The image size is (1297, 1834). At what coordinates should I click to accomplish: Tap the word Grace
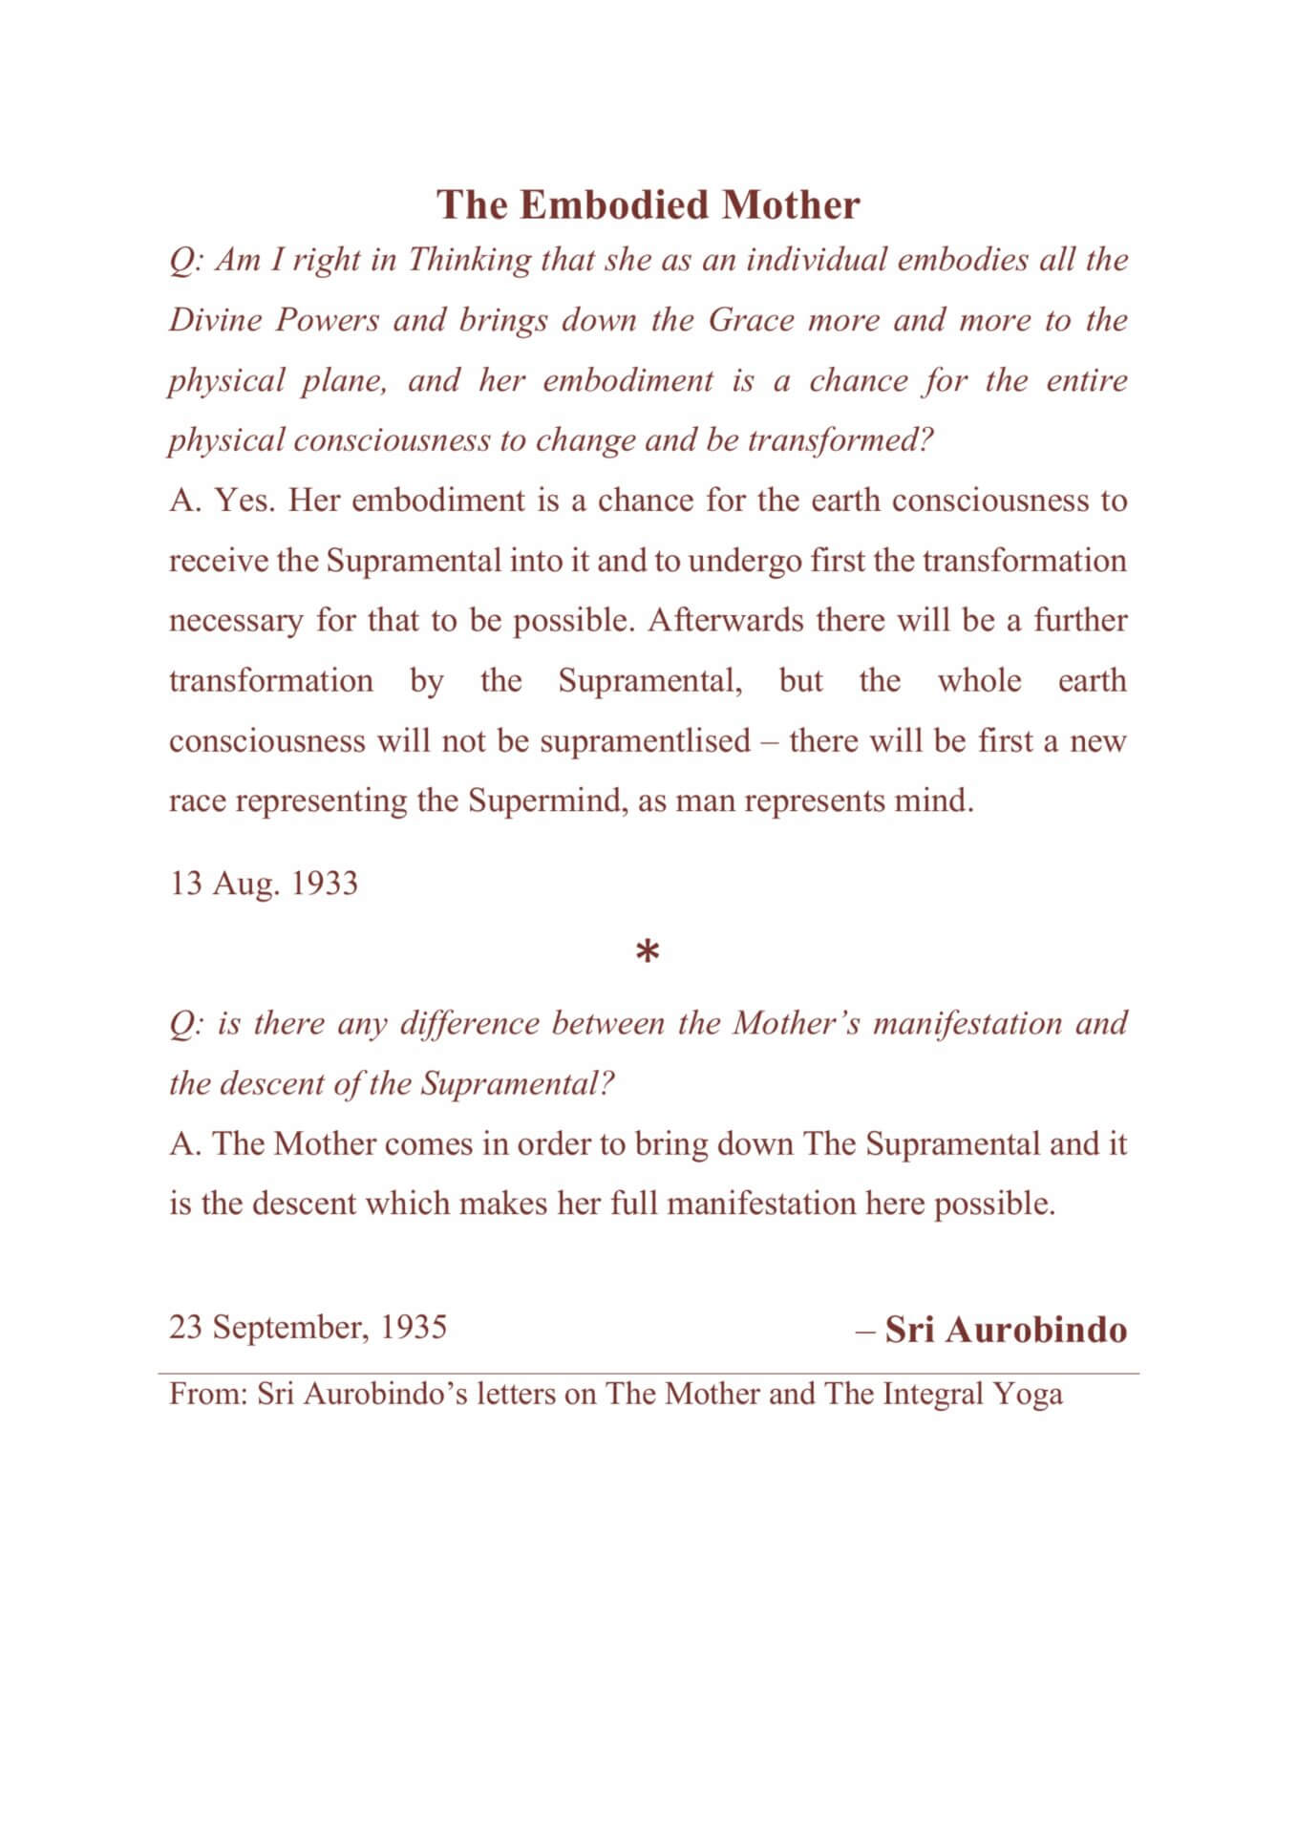[751, 320]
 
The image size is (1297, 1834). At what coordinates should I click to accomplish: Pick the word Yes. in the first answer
[245, 501]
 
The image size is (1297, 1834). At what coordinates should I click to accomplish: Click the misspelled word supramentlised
[645, 741]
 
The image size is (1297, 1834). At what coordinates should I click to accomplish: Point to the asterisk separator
[648, 953]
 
